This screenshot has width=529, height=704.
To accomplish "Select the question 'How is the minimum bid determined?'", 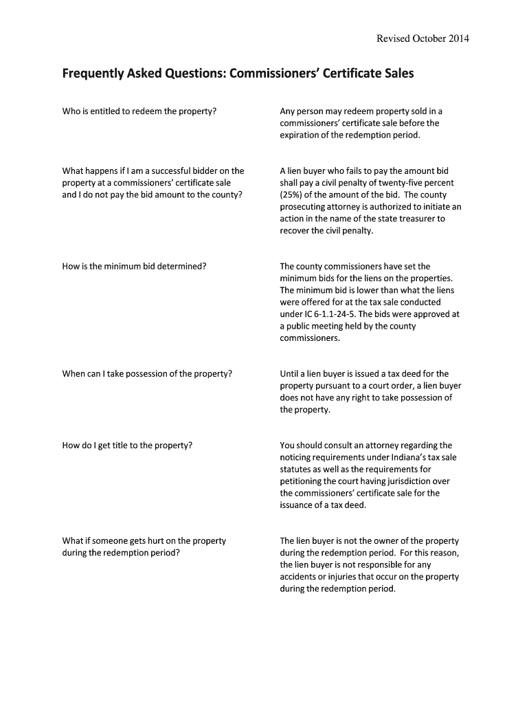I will coord(134,266).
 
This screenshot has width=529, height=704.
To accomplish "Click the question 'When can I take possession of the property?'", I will coord(147,374).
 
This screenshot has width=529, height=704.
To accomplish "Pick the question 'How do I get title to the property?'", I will coord(127,445).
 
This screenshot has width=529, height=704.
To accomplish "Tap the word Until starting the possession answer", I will coord(291,374).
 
